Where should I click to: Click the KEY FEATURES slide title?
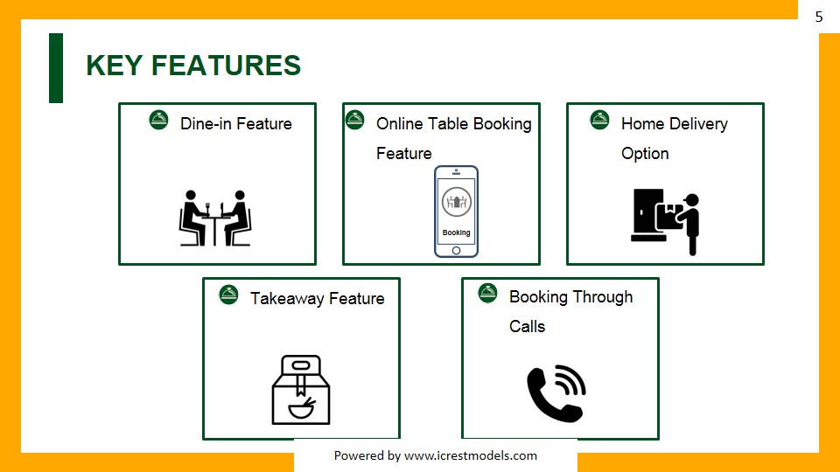click(x=193, y=66)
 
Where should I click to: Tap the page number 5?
click(x=819, y=17)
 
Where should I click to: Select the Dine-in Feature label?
click(x=235, y=124)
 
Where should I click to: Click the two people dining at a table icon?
click(x=215, y=218)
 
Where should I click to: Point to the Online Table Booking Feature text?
click(x=453, y=138)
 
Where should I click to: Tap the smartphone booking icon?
click(x=456, y=212)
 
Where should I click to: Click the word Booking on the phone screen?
click(x=456, y=233)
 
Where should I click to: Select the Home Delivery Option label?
click(x=674, y=138)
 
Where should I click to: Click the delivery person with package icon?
click(x=666, y=219)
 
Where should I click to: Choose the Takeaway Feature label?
click(x=317, y=299)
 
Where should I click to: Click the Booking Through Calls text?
click(x=570, y=311)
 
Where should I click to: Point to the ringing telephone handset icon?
click(x=556, y=393)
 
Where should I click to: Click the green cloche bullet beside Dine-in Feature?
click(x=158, y=120)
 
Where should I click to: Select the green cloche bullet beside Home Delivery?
click(x=599, y=120)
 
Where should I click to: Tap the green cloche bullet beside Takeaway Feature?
click(x=228, y=295)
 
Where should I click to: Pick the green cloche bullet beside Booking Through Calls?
click(x=487, y=293)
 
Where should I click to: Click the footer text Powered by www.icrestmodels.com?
click(x=436, y=455)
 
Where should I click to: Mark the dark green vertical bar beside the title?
click(x=56, y=68)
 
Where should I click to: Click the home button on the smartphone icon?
click(x=456, y=251)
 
